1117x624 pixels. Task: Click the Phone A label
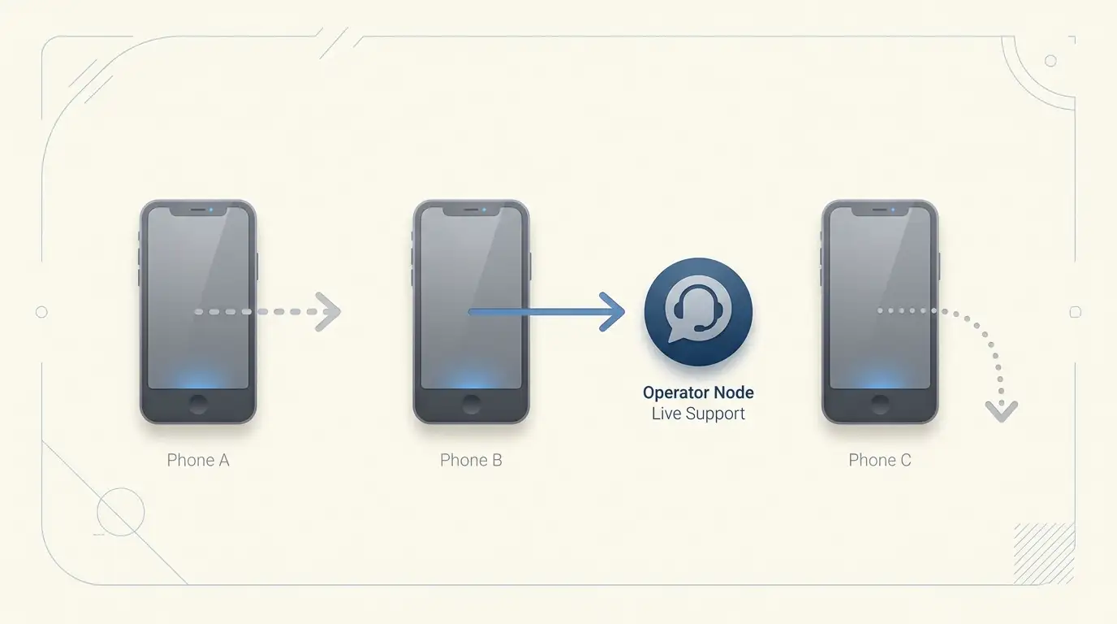point(198,460)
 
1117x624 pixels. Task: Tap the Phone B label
point(471,460)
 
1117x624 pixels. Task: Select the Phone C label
point(880,460)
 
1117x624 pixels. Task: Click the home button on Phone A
point(198,405)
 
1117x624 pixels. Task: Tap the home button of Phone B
point(471,405)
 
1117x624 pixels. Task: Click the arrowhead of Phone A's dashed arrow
point(329,312)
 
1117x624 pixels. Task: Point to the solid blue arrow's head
point(612,312)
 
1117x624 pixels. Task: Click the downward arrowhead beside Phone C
point(1001,412)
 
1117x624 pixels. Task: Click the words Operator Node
point(698,392)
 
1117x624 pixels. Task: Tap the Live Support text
point(698,414)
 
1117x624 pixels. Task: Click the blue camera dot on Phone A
point(211,210)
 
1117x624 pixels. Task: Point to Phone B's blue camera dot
point(484,210)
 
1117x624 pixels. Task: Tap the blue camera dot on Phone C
point(893,210)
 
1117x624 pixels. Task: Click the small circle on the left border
point(42,312)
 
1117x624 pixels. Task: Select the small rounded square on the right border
point(1076,312)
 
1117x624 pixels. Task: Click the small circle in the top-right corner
point(1050,61)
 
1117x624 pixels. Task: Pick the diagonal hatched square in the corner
point(1044,553)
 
